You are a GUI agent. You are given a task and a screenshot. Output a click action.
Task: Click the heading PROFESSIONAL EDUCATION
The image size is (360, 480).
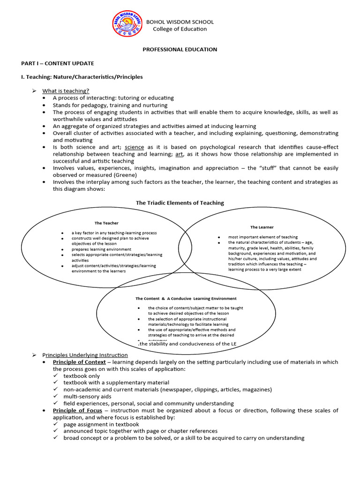[180, 49]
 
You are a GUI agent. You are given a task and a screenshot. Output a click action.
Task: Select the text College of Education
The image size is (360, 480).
[180, 29]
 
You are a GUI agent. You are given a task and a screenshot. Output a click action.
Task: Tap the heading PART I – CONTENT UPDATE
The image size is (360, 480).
[57, 63]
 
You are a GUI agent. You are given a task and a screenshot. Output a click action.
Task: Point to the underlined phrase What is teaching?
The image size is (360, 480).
[66, 90]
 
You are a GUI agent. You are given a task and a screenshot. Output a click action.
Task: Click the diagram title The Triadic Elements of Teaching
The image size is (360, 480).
[180, 203]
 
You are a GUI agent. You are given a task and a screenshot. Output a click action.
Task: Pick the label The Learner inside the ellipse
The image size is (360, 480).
[262, 227]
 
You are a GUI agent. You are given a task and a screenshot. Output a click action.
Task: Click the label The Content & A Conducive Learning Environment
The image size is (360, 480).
[186, 298]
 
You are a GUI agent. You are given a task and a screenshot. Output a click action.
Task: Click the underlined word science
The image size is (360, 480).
[134, 147]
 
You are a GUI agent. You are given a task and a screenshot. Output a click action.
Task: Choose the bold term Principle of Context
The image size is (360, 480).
[77, 362]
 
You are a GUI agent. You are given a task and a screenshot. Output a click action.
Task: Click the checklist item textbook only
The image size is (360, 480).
[82, 376]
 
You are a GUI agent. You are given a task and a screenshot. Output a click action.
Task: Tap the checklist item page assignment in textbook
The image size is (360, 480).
[101, 424]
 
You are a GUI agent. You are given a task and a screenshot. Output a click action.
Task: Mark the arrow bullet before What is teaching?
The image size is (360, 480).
[34, 90]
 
